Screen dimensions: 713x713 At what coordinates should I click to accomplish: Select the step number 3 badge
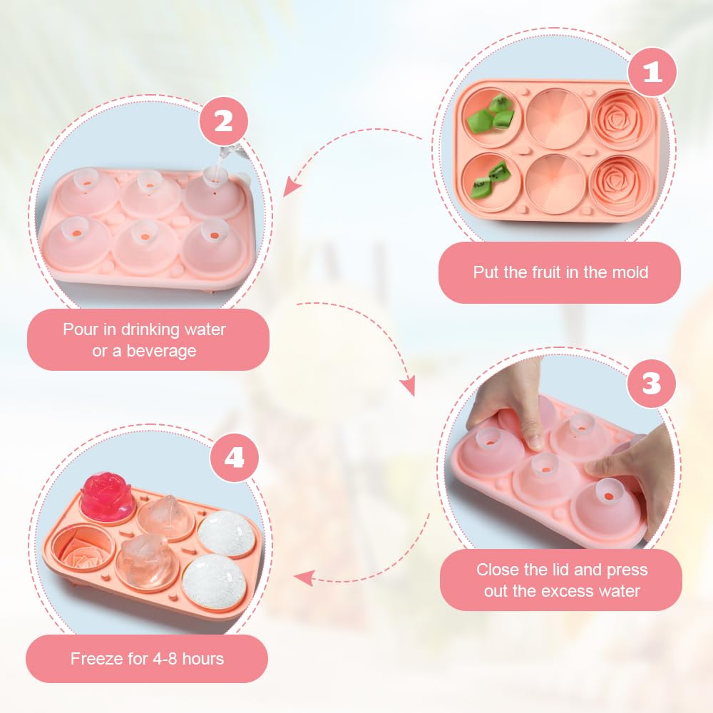pyautogui.click(x=652, y=384)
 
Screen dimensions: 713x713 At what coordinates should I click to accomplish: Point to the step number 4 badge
pyautogui.click(x=235, y=457)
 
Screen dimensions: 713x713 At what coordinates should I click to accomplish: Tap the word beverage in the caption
pyautogui.click(x=161, y=352)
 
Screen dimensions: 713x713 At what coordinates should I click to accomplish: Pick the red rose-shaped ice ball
pyautogui.click(x=107, y=497)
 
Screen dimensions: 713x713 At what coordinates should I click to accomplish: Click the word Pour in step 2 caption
pyautogui.click(x=79, y=329)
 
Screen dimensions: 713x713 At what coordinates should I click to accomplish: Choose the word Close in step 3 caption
pyautogui.click(x=496, y=570)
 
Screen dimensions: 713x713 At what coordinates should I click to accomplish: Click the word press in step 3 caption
pyautogui.click(x=627, y=570)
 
